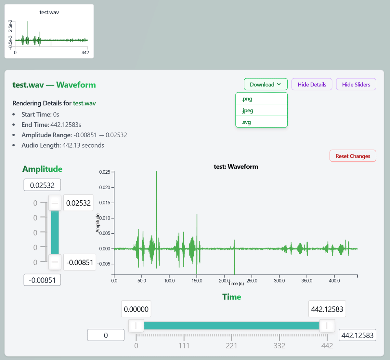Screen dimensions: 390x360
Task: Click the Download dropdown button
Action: (x=266, y=84)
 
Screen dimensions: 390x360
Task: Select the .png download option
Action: (x=261, y=99)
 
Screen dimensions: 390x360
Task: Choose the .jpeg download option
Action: (x=261, y=110)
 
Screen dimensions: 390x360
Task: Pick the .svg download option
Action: (x=261, y=122)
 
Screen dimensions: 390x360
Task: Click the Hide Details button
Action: (x=312, y=84)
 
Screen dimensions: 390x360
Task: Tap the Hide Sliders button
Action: (x=356, y=84)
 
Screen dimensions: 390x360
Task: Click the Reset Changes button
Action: (x=353, y=156)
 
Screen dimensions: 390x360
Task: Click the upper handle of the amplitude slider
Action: (x=55, y=203)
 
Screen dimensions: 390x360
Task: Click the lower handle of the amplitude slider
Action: (x=55, y=262)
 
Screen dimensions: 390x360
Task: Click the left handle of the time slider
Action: (x=136, y=326)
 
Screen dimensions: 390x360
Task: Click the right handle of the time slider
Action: (x=327, y=326)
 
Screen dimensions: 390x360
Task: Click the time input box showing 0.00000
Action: (x=136, y=309)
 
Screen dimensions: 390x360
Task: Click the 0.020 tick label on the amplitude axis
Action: (x=104, y=187)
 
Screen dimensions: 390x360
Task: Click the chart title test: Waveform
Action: (x=236, y=167)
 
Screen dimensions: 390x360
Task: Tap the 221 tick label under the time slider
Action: (x=231, y=346)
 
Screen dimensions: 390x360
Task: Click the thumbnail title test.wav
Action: (x=49, y=12)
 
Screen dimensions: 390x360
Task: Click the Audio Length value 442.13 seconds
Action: (x=83, y=145)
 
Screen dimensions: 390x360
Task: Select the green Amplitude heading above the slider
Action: (x=42, y=169)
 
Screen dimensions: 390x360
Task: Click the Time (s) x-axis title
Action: (x=236, y=284)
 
